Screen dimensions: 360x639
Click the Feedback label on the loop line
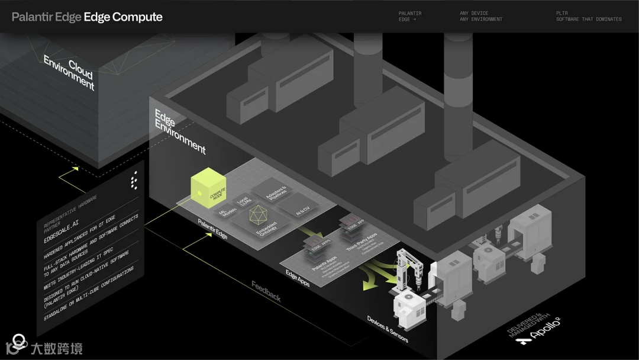tap(266, 290)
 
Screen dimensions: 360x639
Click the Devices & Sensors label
tap(388, 329)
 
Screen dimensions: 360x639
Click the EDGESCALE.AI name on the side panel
tap(62, 232)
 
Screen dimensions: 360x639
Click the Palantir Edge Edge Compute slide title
tap(87, 17)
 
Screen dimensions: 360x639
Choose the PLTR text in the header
tap(561, 13)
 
